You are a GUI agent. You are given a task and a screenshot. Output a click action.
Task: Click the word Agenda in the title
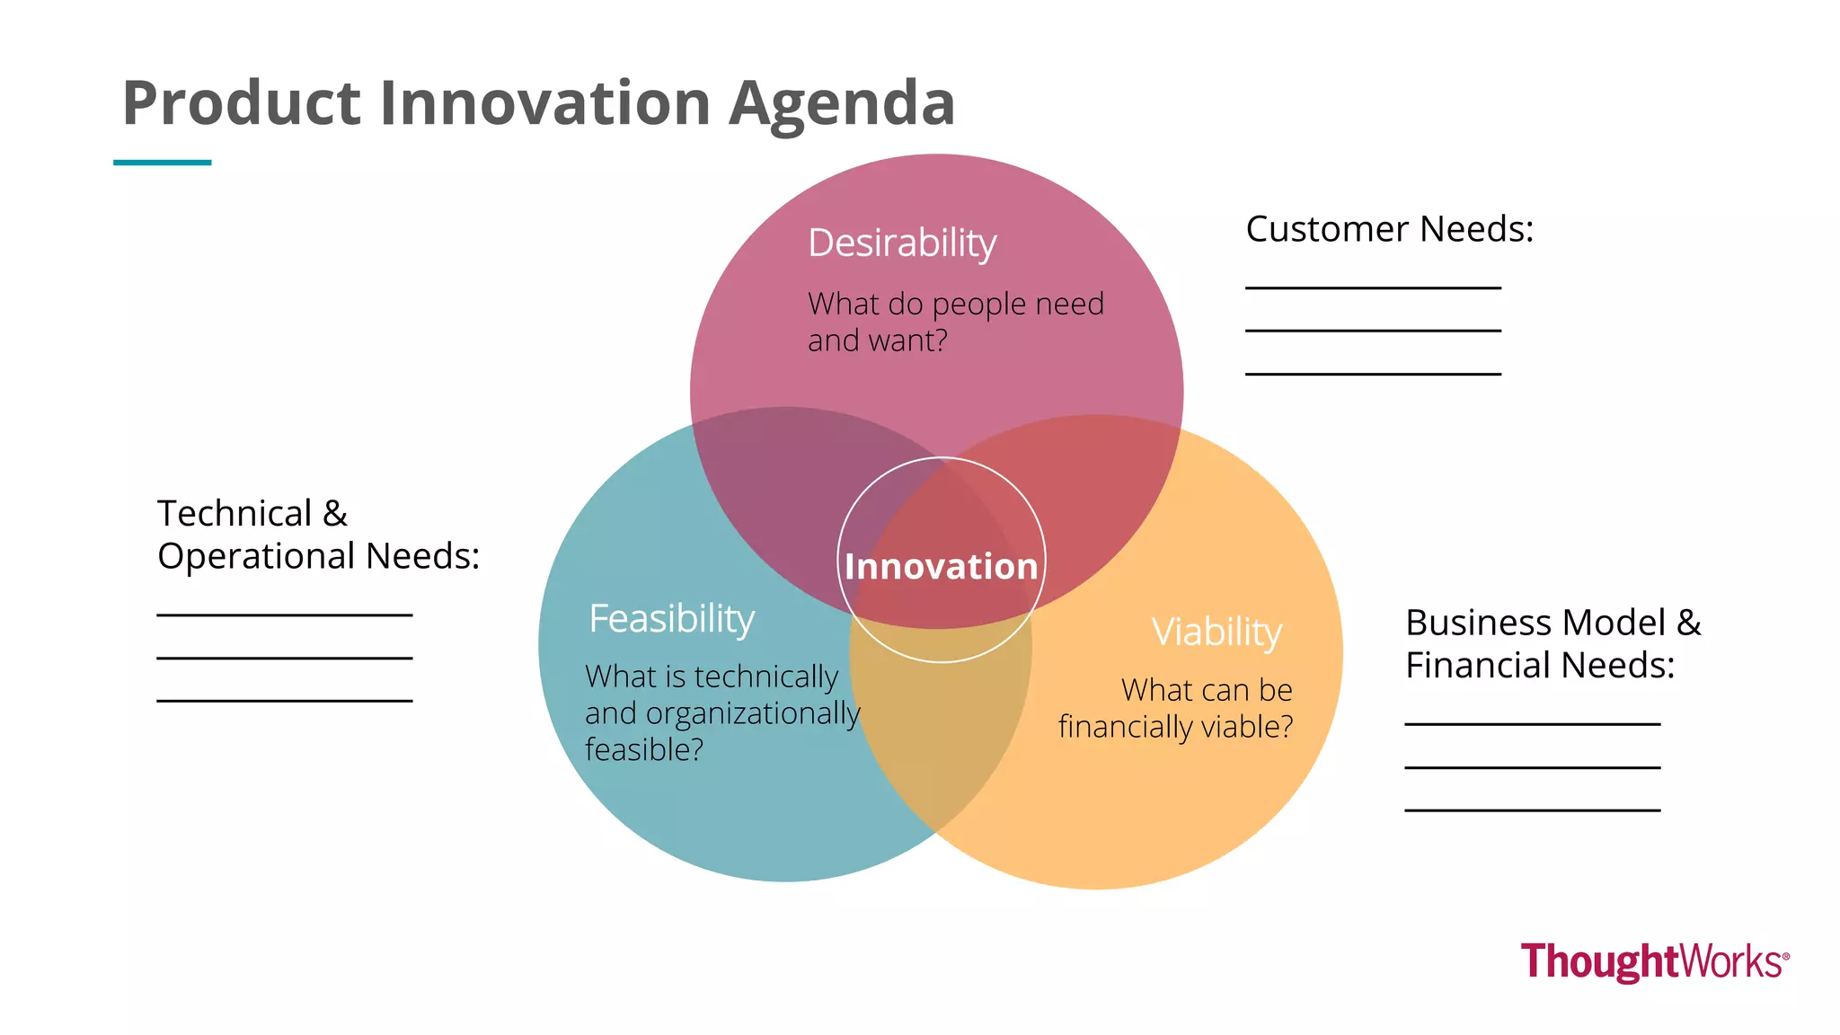[841, 103]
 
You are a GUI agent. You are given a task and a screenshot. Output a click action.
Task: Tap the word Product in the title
[241, 103]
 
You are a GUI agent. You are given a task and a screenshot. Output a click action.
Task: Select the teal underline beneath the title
[163, 163]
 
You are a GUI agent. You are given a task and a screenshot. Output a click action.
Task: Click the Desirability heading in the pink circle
[902, 243]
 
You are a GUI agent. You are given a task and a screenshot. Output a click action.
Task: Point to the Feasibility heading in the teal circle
[672, 619]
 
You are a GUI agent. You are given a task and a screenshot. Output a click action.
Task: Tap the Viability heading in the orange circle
[1216, 632]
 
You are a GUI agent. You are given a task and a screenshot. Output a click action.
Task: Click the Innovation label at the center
[941, 567]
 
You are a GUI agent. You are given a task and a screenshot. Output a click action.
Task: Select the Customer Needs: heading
[1389, 229]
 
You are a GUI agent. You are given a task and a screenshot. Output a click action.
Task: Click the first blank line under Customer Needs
[1373, 287]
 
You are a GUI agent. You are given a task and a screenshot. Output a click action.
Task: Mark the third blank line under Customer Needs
[1373, 374]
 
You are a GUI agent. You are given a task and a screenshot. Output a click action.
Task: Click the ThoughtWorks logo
[1654, 961]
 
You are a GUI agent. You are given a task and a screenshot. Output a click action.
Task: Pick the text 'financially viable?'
[1175, 727]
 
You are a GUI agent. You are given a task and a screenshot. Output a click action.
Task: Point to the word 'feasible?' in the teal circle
[644, 749]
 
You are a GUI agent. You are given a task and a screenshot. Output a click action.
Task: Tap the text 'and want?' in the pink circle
[877, 341]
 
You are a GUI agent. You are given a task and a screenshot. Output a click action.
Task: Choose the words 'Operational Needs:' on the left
[318, 556]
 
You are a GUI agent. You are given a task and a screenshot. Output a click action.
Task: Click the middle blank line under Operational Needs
[284, 659]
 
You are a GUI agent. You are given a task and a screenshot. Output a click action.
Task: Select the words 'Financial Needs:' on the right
[1539, 666]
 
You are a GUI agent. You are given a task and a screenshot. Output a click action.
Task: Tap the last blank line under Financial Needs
[1532, 810]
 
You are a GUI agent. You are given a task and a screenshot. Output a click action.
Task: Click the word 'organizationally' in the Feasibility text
[753, 713]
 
